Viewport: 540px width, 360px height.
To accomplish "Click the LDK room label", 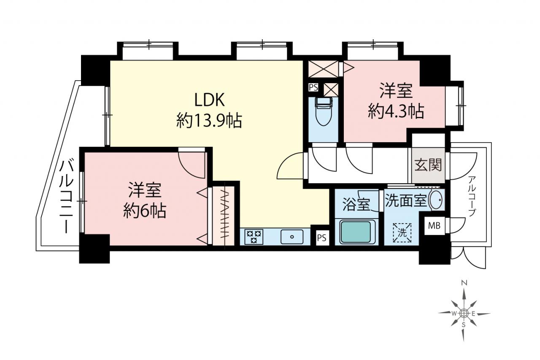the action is click(210, 100).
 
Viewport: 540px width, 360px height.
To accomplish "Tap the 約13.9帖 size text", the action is click(209, 121).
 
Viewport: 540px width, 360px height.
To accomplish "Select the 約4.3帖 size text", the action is click(396, 111).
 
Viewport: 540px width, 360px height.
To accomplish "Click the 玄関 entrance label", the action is click(428, 165).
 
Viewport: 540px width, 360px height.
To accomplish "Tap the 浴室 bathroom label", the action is click(356, 205).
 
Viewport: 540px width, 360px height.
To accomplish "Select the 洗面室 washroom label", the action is click(406, 200).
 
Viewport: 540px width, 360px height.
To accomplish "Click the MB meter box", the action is click(434, 226).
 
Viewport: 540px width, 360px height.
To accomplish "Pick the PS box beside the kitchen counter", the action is click(321, 238).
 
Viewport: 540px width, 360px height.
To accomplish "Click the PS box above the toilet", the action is click(313, 87).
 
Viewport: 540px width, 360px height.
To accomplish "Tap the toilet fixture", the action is click(324, 111).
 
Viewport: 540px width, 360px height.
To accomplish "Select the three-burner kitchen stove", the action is click(254, 237).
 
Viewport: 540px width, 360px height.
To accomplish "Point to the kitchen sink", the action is click(292, 237).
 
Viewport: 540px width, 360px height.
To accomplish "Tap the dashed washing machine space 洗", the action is click(402, 233).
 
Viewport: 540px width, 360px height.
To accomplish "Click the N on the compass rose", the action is click(463, 283).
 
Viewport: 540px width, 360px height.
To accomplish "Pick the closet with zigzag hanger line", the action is click(224, 216).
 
